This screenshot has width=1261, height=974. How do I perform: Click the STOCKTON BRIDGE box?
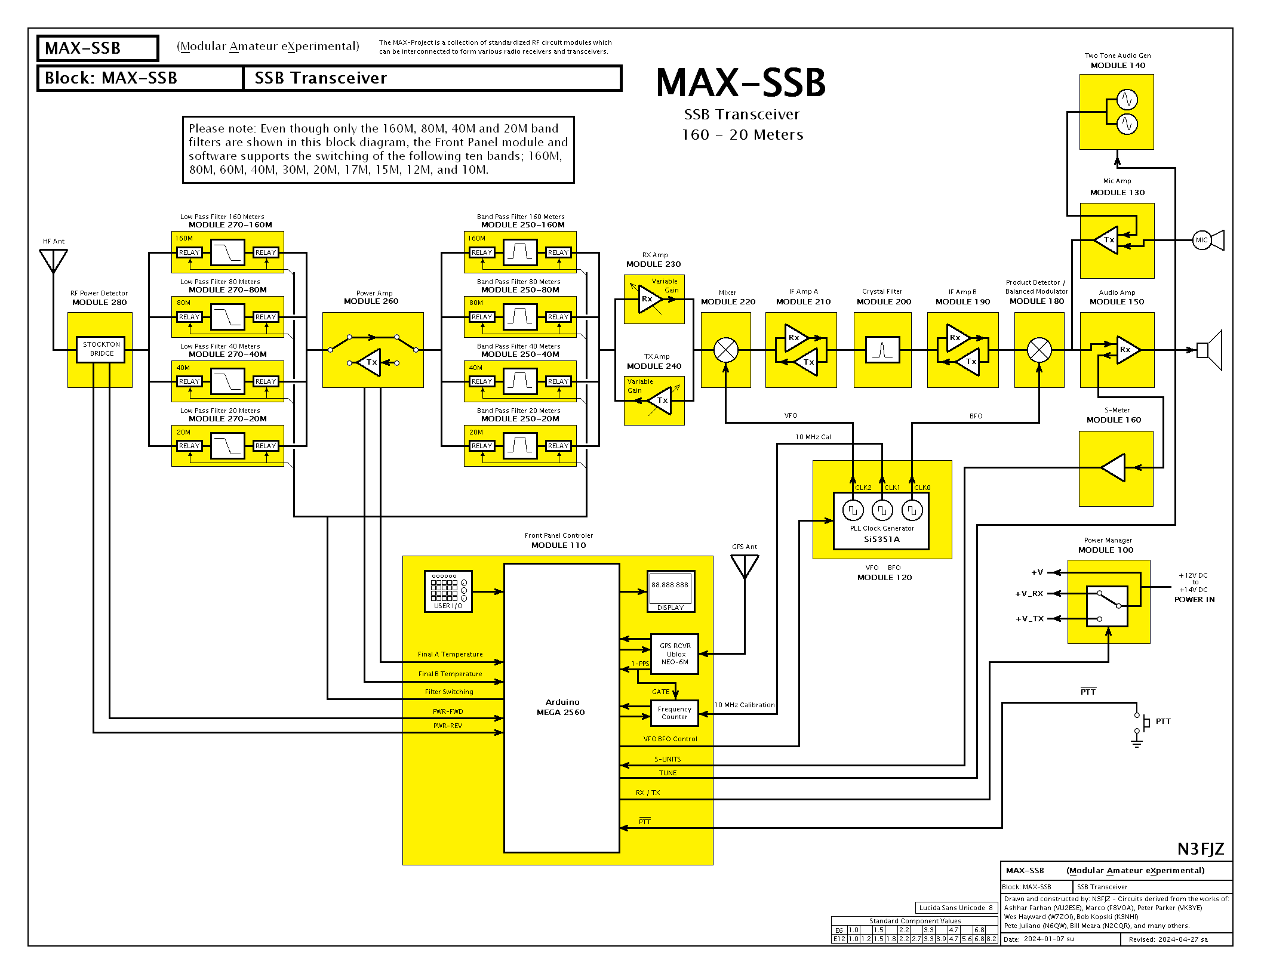coord(101,349)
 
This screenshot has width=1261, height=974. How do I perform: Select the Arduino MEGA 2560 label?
coord(561,707)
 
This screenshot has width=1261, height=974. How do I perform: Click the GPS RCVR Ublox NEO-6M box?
coord(675,654)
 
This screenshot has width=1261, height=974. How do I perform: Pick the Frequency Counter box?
coord(674,713)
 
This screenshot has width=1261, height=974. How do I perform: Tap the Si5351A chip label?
coord(881,540)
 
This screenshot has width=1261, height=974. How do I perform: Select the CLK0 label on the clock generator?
coord(922,488)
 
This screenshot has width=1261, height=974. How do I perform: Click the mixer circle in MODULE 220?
coord(726,350)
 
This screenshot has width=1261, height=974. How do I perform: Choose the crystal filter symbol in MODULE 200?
coord(882,350)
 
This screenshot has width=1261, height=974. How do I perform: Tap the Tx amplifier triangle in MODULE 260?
coord(370,362)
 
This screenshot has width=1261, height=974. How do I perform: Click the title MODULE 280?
coord(99,303)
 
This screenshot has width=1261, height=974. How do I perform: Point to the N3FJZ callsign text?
coord(1200,849)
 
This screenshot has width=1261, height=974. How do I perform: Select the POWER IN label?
coord(1194,600)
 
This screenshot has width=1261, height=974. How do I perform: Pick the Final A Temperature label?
coord(450,655)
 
